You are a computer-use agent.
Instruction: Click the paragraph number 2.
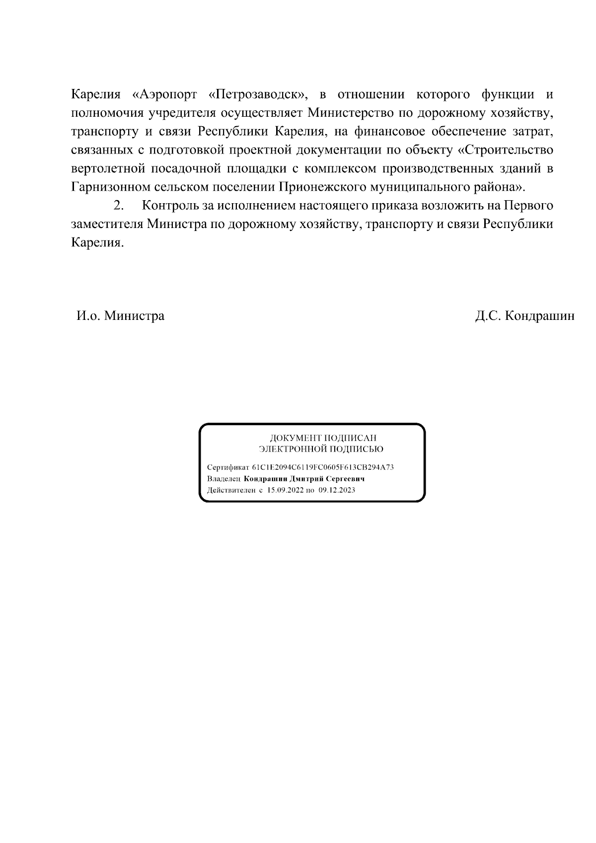tap(118, 206)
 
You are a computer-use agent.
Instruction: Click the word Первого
tap(528, 206)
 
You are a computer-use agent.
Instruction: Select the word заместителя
tap(107, 225)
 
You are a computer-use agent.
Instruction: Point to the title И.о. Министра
tap(120, 316)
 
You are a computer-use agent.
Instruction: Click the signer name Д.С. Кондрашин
tap(524, 316)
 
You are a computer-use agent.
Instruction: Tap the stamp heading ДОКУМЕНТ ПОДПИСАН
tap(323, 438)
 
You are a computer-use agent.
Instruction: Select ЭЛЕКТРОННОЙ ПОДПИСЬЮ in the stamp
tap(321, 449)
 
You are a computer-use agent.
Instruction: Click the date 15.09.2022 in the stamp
tap(285, 490)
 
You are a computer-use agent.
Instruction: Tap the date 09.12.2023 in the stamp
tap(337, 490)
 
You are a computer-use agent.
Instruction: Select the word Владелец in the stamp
tap(223, 479)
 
